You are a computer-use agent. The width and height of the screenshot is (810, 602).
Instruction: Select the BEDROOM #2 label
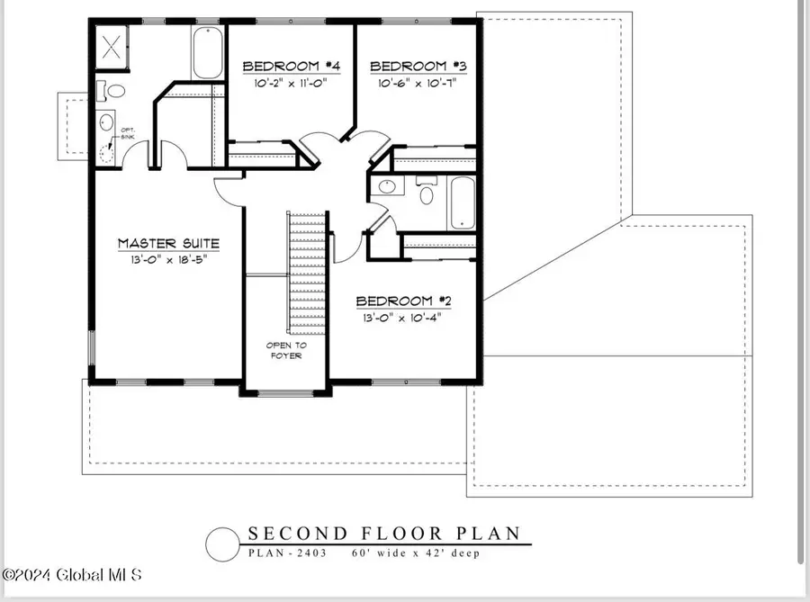(x=402, y=301)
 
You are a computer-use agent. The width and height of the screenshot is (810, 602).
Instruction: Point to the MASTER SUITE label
(x=168, y=243)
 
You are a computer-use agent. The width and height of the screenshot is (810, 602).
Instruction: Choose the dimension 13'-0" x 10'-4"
(x=402, y=317)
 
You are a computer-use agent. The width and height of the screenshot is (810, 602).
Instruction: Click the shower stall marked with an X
(x=112, y=47)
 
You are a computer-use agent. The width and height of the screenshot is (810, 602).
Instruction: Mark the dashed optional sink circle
(x=107, y=152)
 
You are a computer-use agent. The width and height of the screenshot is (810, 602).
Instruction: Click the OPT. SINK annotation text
(x=128, y=136)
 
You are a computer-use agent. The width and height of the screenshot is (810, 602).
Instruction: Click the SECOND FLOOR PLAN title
(x=384, y=534)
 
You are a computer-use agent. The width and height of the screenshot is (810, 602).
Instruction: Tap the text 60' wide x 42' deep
(x=416, y=553)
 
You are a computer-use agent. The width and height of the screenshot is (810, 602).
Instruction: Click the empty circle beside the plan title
(x=222, y=544)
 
